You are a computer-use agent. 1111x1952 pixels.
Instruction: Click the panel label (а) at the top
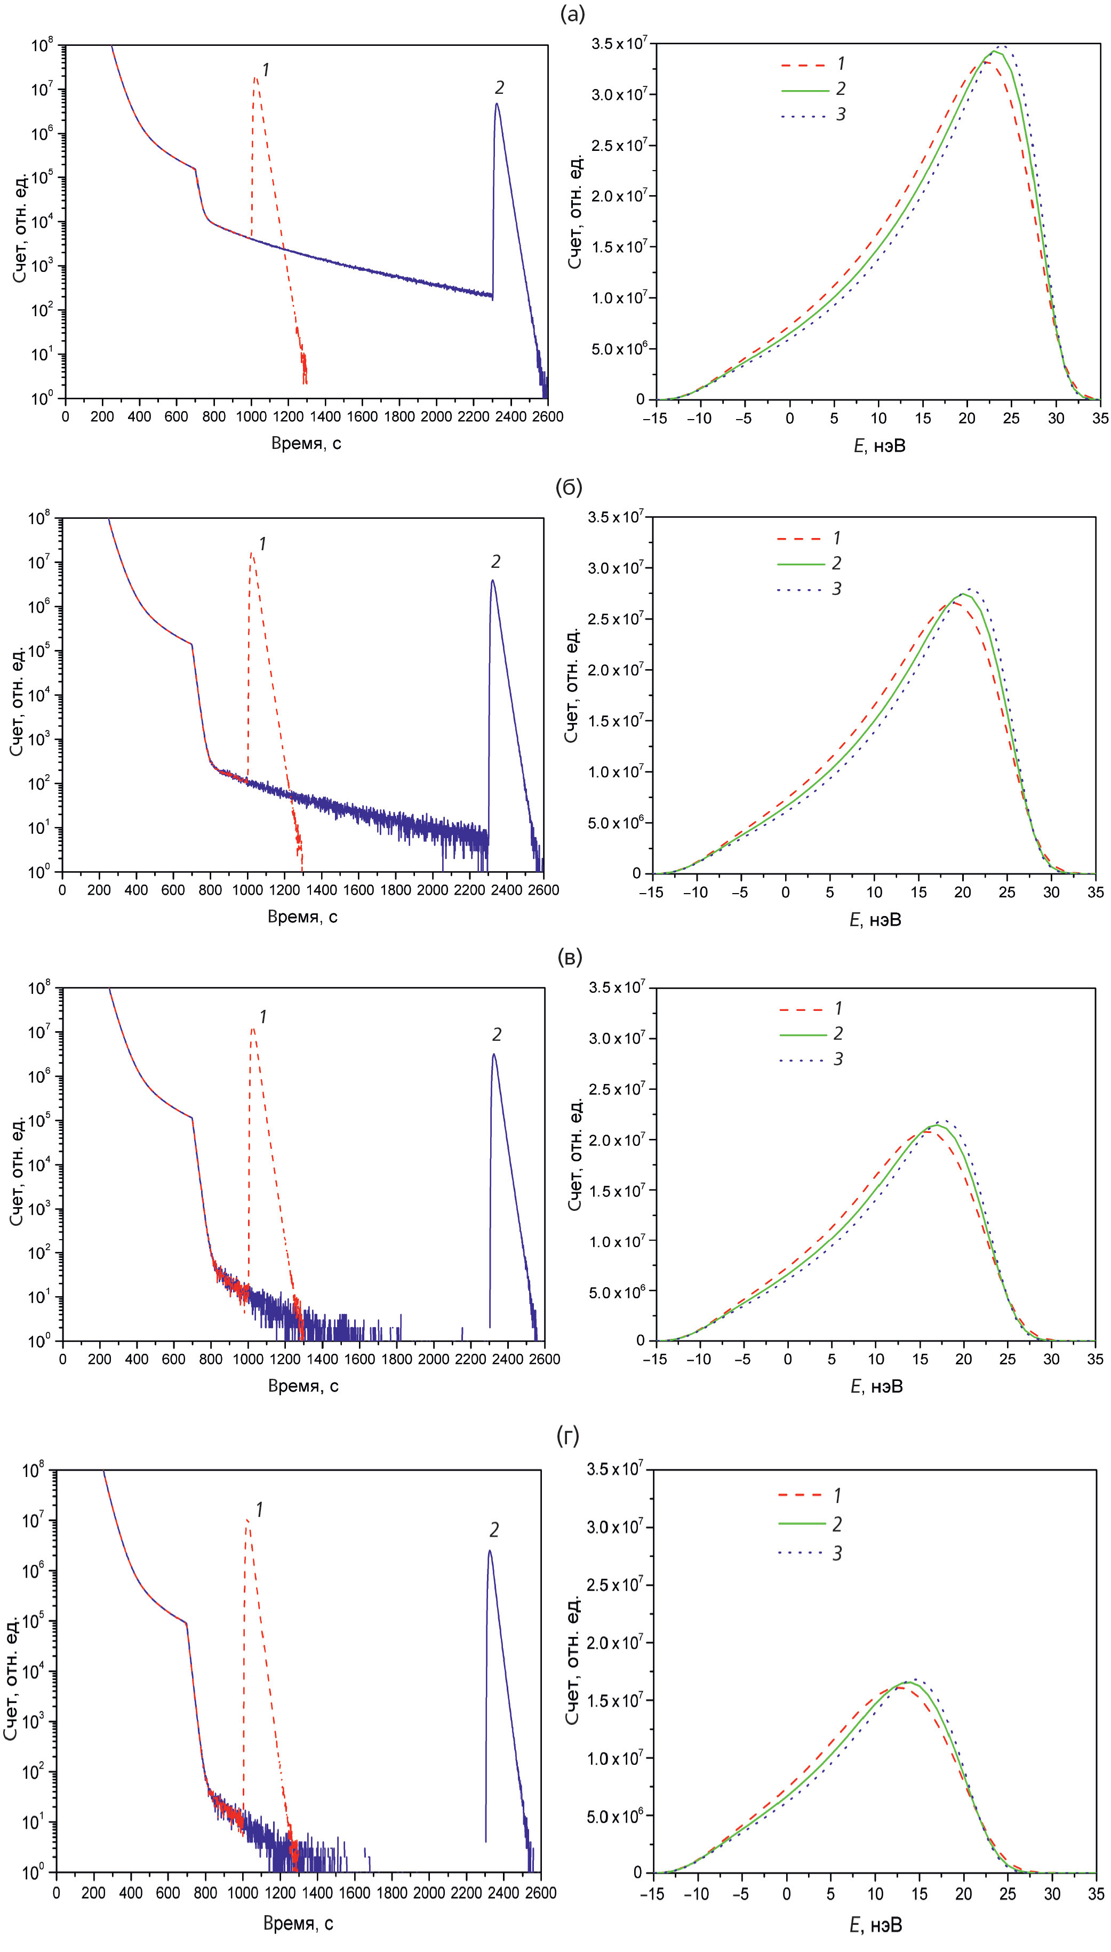pos(572,14)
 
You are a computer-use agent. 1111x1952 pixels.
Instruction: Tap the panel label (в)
pos(569,957)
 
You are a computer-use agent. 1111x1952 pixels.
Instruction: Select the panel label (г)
pos(569,1437)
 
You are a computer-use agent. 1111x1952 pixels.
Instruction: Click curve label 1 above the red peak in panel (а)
pos(266,70)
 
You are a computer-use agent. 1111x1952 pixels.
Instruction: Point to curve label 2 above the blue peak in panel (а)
pos(499,88)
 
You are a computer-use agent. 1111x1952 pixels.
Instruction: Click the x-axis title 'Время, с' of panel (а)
pos(306,443)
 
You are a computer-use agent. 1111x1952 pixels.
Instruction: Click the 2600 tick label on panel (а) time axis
pos(547,416)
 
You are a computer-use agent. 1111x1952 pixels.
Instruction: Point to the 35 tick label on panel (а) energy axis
pos(1100,418)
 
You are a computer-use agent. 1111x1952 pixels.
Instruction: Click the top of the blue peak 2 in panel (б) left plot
pos(492,581)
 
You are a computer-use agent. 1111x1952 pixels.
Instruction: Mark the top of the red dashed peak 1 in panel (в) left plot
pos(253,1028)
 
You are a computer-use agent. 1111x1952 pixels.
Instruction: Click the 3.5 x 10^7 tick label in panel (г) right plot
pos(615,1469)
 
